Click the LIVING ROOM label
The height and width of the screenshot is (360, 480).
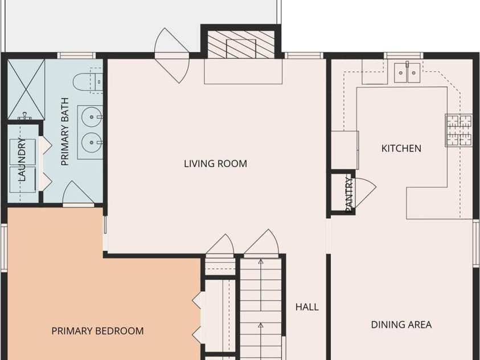[215, 163]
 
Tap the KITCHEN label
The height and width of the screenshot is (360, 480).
[401, 149]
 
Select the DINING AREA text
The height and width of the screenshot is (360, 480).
[401, 325]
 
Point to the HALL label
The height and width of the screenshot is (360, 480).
[307, 307]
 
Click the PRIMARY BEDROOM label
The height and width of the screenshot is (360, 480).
[97, 331]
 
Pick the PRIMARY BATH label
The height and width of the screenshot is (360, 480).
[65, 132]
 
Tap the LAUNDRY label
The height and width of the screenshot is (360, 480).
[22, 160]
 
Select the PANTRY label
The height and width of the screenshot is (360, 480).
[349, 195]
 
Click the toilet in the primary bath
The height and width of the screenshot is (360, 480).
[88, 82]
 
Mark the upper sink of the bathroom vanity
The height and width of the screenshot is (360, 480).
[92, 117]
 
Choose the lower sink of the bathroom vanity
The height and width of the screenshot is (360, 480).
[92, 142]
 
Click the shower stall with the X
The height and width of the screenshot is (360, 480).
[26, 89]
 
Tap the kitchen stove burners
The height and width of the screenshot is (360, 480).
[458, 130]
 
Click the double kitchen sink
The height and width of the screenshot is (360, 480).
[407, 72]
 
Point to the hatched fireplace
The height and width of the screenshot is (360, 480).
[241, 44]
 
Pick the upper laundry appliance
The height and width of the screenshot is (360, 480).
[23, 152]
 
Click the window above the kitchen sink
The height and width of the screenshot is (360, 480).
[404, 56]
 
